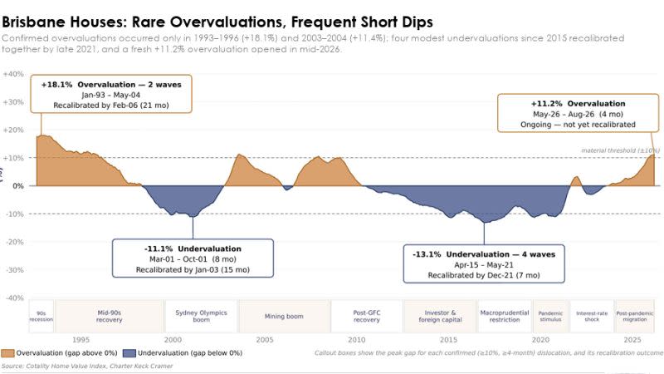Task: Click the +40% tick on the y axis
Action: [13, 74]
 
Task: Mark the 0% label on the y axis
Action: [18, 185]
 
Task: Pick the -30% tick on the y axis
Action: [14, 269]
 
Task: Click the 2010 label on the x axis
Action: [356, 339]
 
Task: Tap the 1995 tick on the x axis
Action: [81, 339]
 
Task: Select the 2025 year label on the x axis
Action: [632, 339]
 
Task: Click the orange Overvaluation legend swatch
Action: [7, 352]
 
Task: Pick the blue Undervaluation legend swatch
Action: [129, 352]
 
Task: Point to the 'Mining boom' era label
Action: [284, 316]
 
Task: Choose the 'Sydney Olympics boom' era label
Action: [201, 316]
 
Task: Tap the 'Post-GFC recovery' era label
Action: [367, 316]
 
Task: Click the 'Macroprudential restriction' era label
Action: [505, 316]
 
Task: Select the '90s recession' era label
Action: [41, 317]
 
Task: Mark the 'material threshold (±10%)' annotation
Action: [620, 150]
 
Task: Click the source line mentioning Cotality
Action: [87, 366]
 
